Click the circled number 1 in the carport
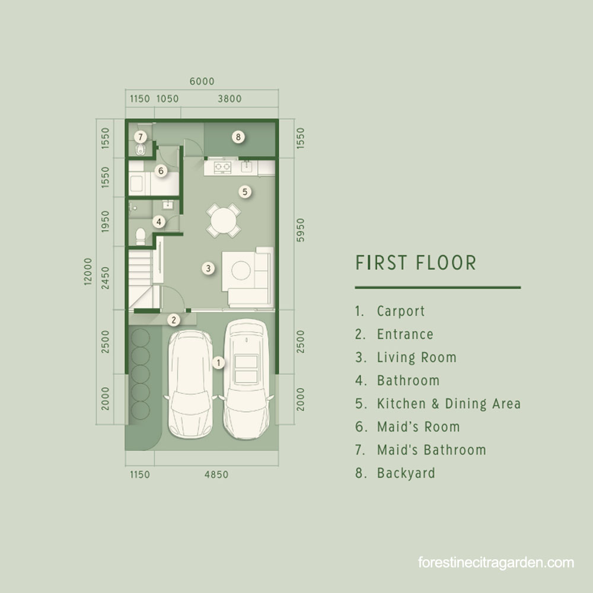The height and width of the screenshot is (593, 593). [218, 363]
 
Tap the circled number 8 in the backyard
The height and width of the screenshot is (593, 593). [238, 137]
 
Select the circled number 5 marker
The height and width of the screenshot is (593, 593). [245, 192]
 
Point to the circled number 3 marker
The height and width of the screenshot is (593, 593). [208, 268]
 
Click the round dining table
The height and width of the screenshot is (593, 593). [223, 221]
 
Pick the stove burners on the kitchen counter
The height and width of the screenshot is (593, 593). [222, 167]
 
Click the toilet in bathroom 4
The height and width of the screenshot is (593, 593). [141, 235]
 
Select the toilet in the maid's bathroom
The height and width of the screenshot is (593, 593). [141, 149]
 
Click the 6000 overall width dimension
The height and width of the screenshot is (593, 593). [202, 81]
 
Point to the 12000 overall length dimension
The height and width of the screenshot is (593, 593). [88, 271]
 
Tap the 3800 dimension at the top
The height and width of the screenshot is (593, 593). [229, 98]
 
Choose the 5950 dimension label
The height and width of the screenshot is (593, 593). [300, 230]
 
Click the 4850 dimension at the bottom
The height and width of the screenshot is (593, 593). [216, 474]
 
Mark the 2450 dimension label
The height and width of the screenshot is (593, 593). [105, 278]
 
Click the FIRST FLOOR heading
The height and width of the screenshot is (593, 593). [416, 263]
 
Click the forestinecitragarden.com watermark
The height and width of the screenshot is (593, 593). [496, 562]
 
